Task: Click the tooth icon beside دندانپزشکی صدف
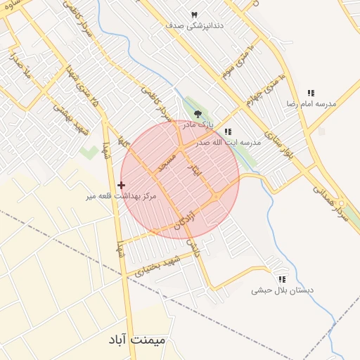[195, 15]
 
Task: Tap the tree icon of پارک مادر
[198, 113]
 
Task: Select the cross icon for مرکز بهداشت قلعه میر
[122, 185]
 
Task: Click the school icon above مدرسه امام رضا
[311, 93]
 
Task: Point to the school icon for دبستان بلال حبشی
[282, 279]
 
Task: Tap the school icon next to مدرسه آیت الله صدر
[227, 131]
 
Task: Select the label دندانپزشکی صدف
[195, 25]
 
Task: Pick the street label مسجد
[166, 162]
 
